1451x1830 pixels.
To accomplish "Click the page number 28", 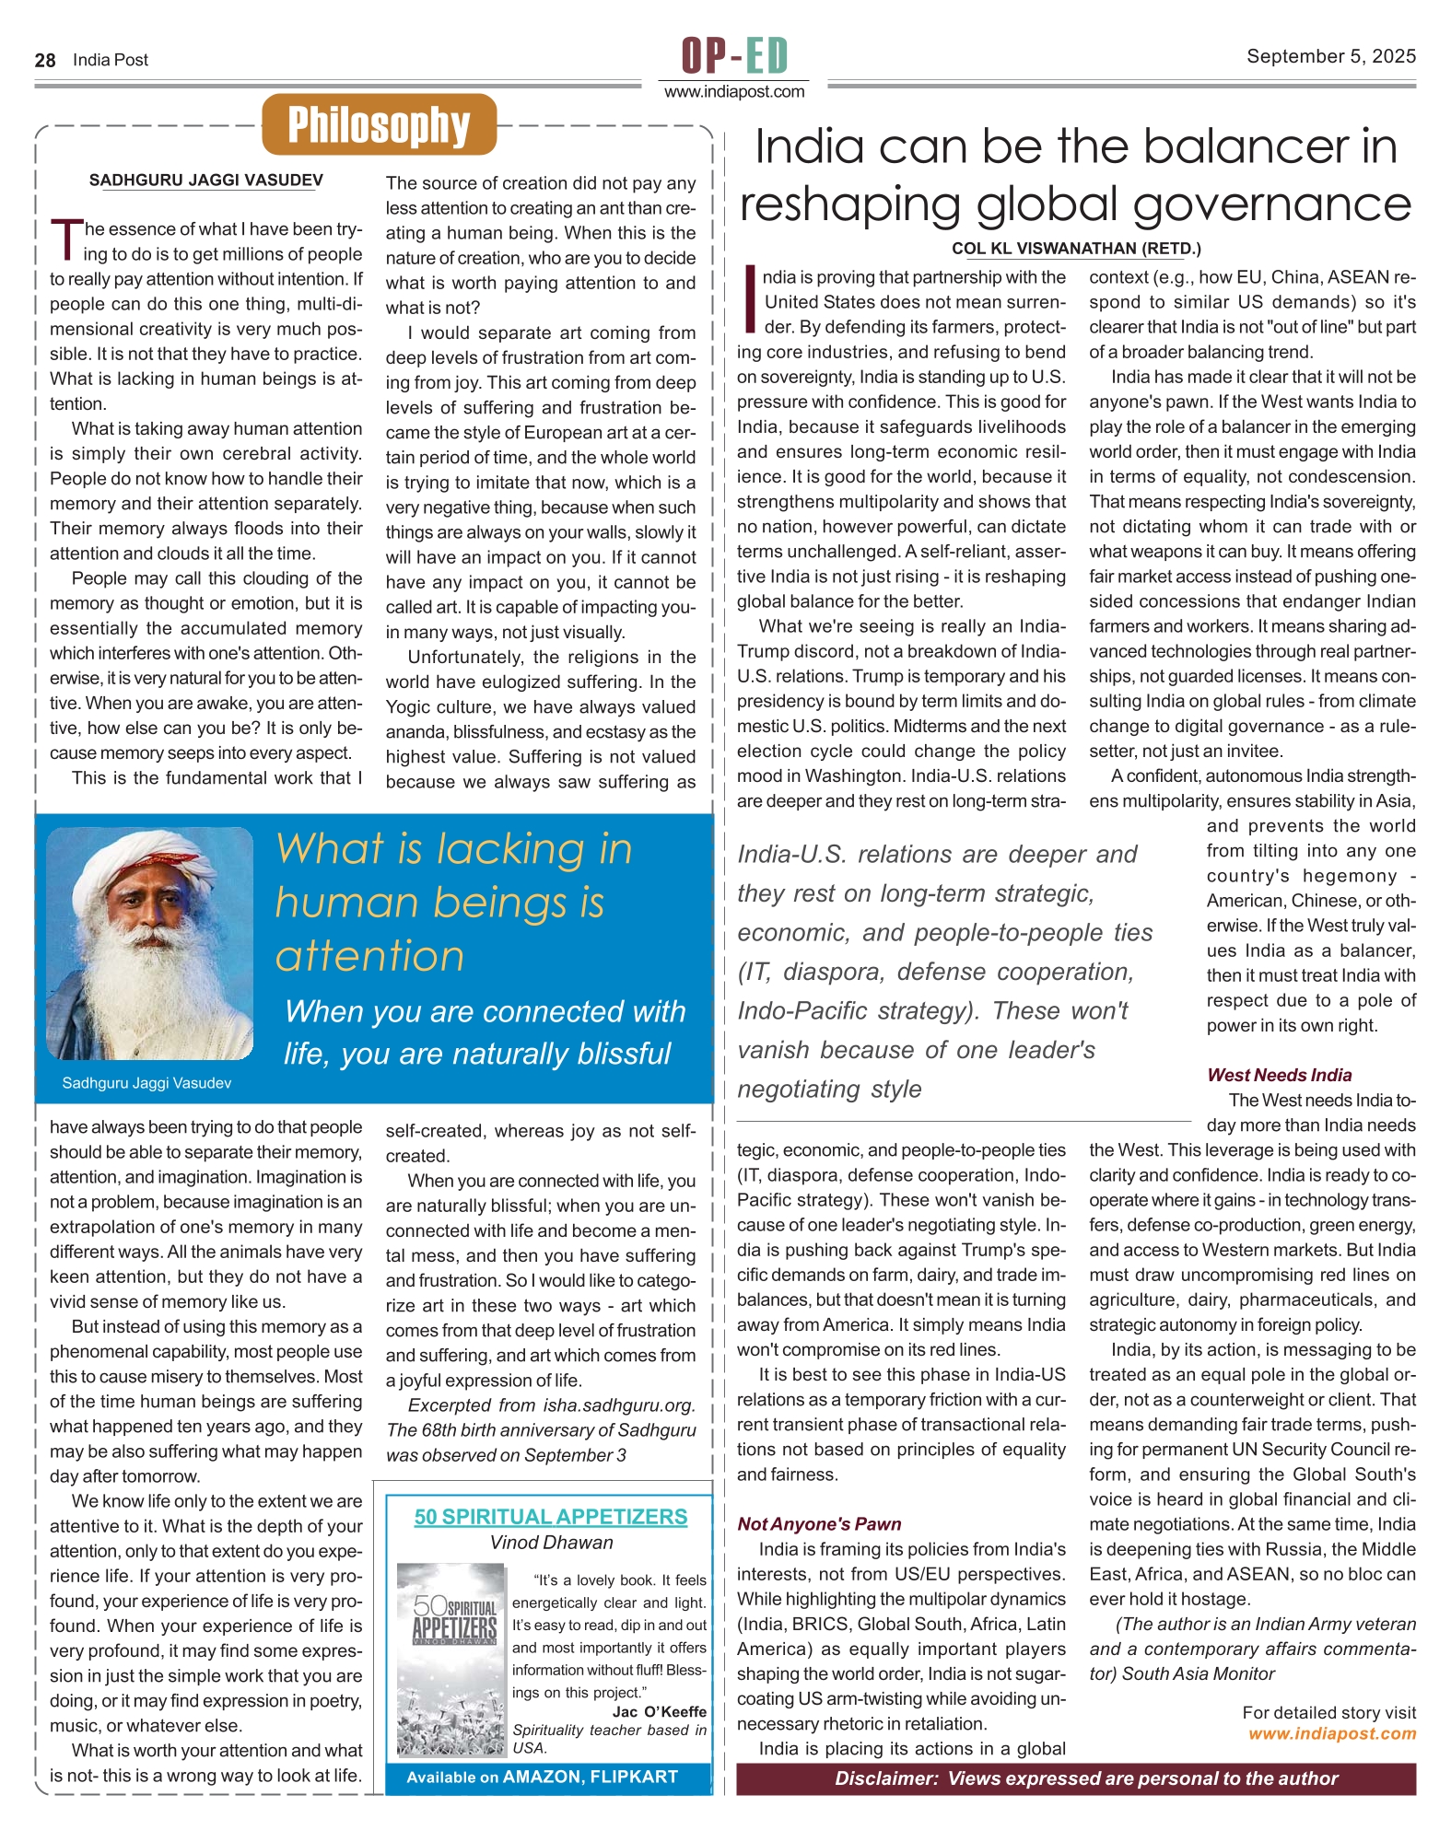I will pyautogui.click(x=45, y=61).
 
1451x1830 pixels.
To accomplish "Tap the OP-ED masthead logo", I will pyautogui.click(x=734, y=55).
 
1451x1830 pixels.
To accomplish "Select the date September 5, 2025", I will pyautogui.click(x=1330, y=56).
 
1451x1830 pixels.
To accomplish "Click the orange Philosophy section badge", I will pyautogui.click(x=379, y=125).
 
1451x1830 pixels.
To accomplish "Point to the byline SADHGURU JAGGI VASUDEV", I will pyautogui.click(x=205, y=181).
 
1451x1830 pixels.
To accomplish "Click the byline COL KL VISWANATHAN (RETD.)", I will pyautogui.click(x=1076, y=249).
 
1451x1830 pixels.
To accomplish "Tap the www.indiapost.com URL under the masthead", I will pyautogui.click(x=734, y=92).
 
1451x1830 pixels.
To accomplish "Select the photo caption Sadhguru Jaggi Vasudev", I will pyautogui.click(x=146, y=1083).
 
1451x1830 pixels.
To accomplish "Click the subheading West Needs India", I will pyautogui.click(x=1279, y=1075).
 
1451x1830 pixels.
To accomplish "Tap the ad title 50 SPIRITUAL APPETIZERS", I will pyautogui.click(x=550, y=1517).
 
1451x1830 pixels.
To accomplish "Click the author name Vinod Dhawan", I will pyautogui.click(x=551, y=1543).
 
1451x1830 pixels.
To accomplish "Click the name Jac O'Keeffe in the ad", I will pyautogui.click(x=660, y=1712).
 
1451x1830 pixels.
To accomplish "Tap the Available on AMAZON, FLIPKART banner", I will pyautogui.click(x=542, y=1777).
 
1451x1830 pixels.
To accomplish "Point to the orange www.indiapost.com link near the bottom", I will pyautogui.click(x=1332, y=1734).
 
